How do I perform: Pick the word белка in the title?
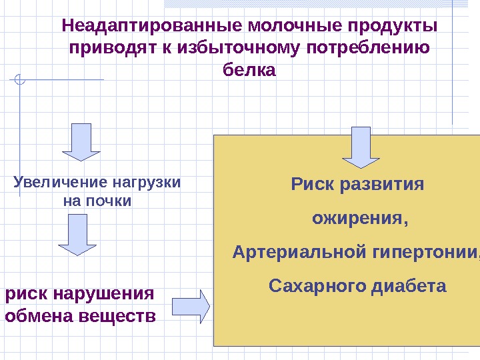pyautogui.click(x=248, y=70)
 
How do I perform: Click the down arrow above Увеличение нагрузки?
pyautogui.click(x=81, y=141)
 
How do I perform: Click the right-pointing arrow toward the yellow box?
pyautogui.click(x=191, y=306)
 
